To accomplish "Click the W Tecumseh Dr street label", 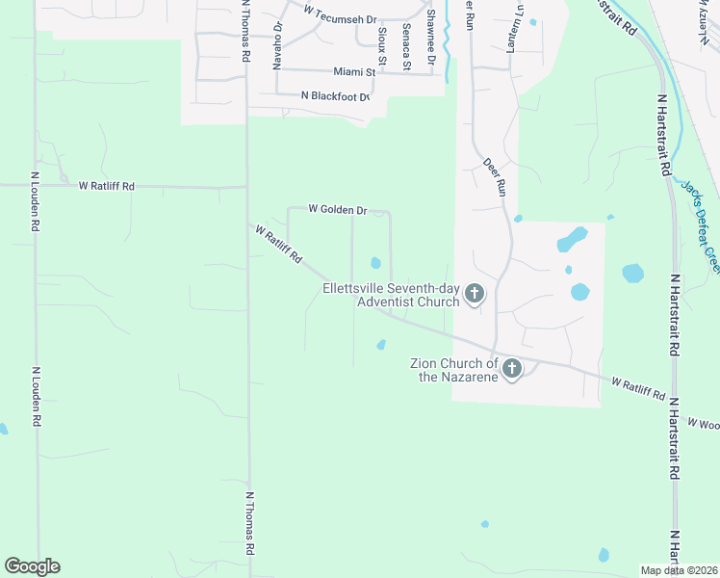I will point(339,12).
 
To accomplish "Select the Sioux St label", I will point(381,44).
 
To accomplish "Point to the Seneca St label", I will point(407,46).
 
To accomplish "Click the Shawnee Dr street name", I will point(432,37).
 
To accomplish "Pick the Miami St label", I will point(353,71).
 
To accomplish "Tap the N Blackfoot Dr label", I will point(335,95).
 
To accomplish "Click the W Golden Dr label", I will point(338,209).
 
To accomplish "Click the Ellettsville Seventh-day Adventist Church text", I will point(391,295).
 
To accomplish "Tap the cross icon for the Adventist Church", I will point(474,294).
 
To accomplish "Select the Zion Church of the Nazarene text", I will point(454,369).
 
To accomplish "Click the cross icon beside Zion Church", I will point(512,367).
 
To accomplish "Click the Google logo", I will point(32,566).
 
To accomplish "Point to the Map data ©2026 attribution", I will point(679,570).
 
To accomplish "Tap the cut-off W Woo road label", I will point(703,423).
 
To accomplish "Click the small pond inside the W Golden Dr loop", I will point(375,263).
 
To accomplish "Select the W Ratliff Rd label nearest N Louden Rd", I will point(107,185).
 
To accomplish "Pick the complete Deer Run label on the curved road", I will point(495,177).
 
